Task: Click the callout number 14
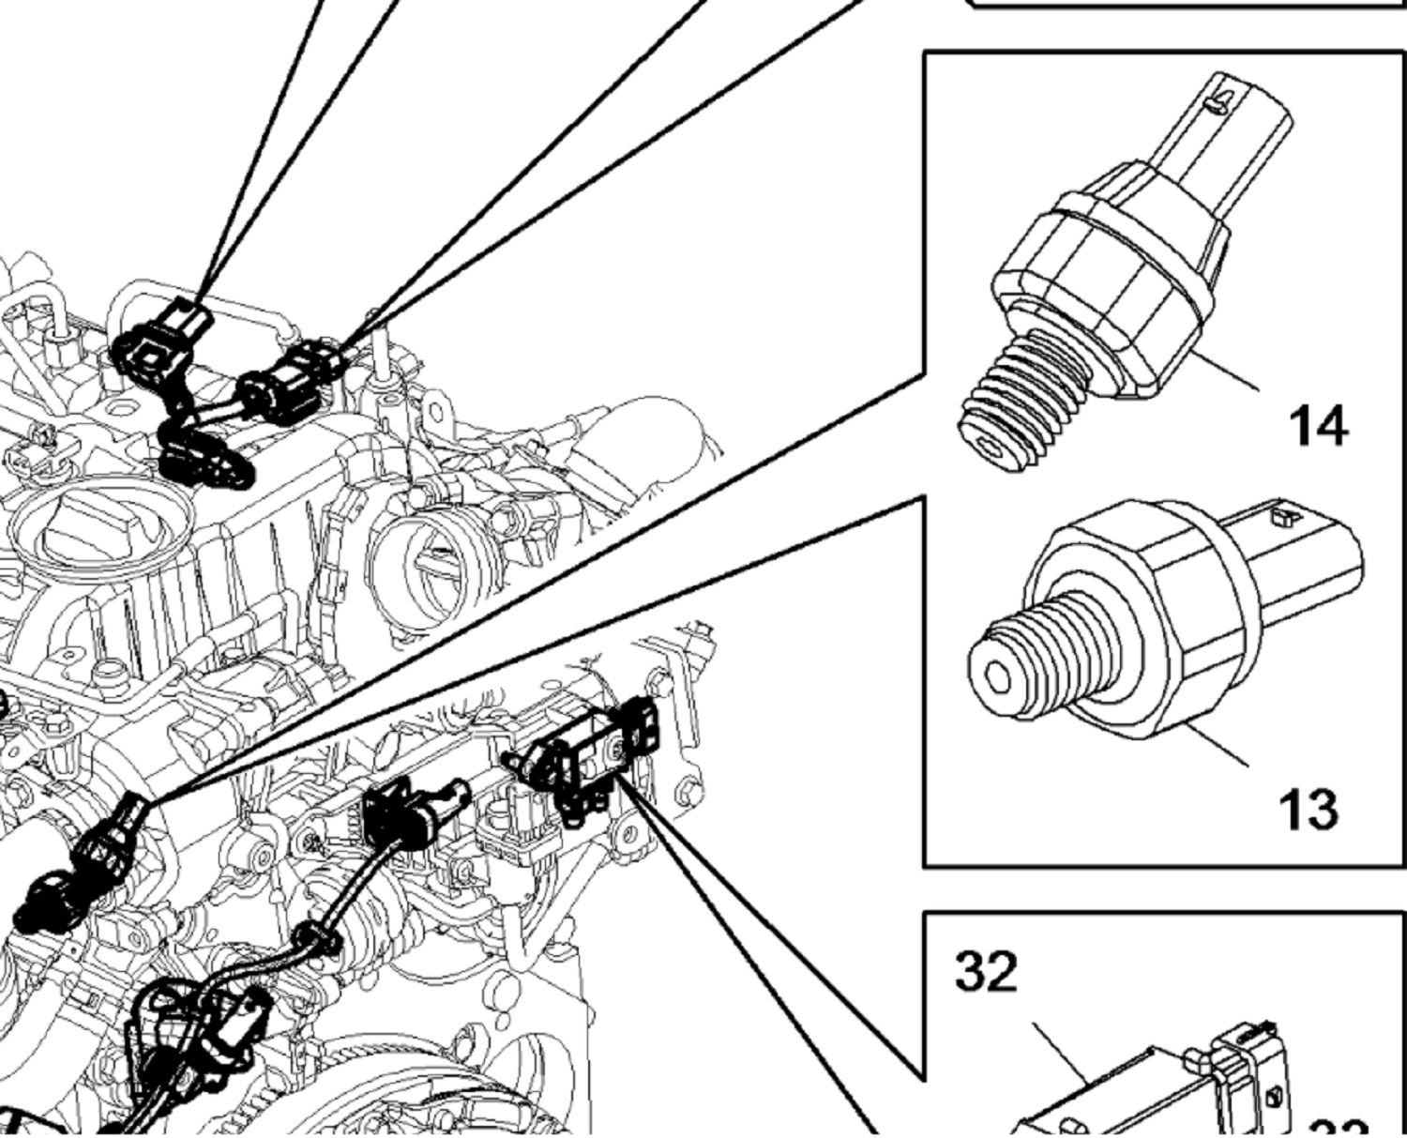(x=1319, y=425)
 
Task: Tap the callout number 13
(x=1308, y=810)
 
